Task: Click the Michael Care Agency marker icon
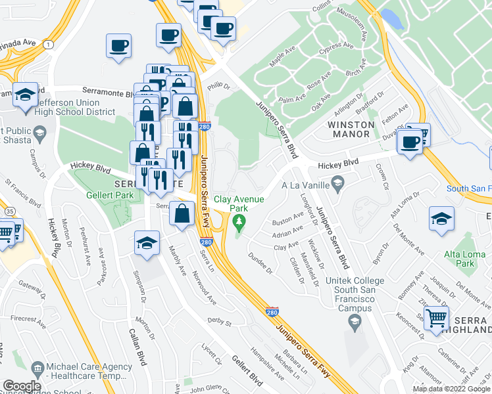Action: click(37, 366)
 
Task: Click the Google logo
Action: click(22, 385)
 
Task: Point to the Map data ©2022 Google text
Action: click(451, 389)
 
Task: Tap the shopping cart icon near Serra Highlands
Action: click(437, 318)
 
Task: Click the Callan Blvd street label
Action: click(140, 342)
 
